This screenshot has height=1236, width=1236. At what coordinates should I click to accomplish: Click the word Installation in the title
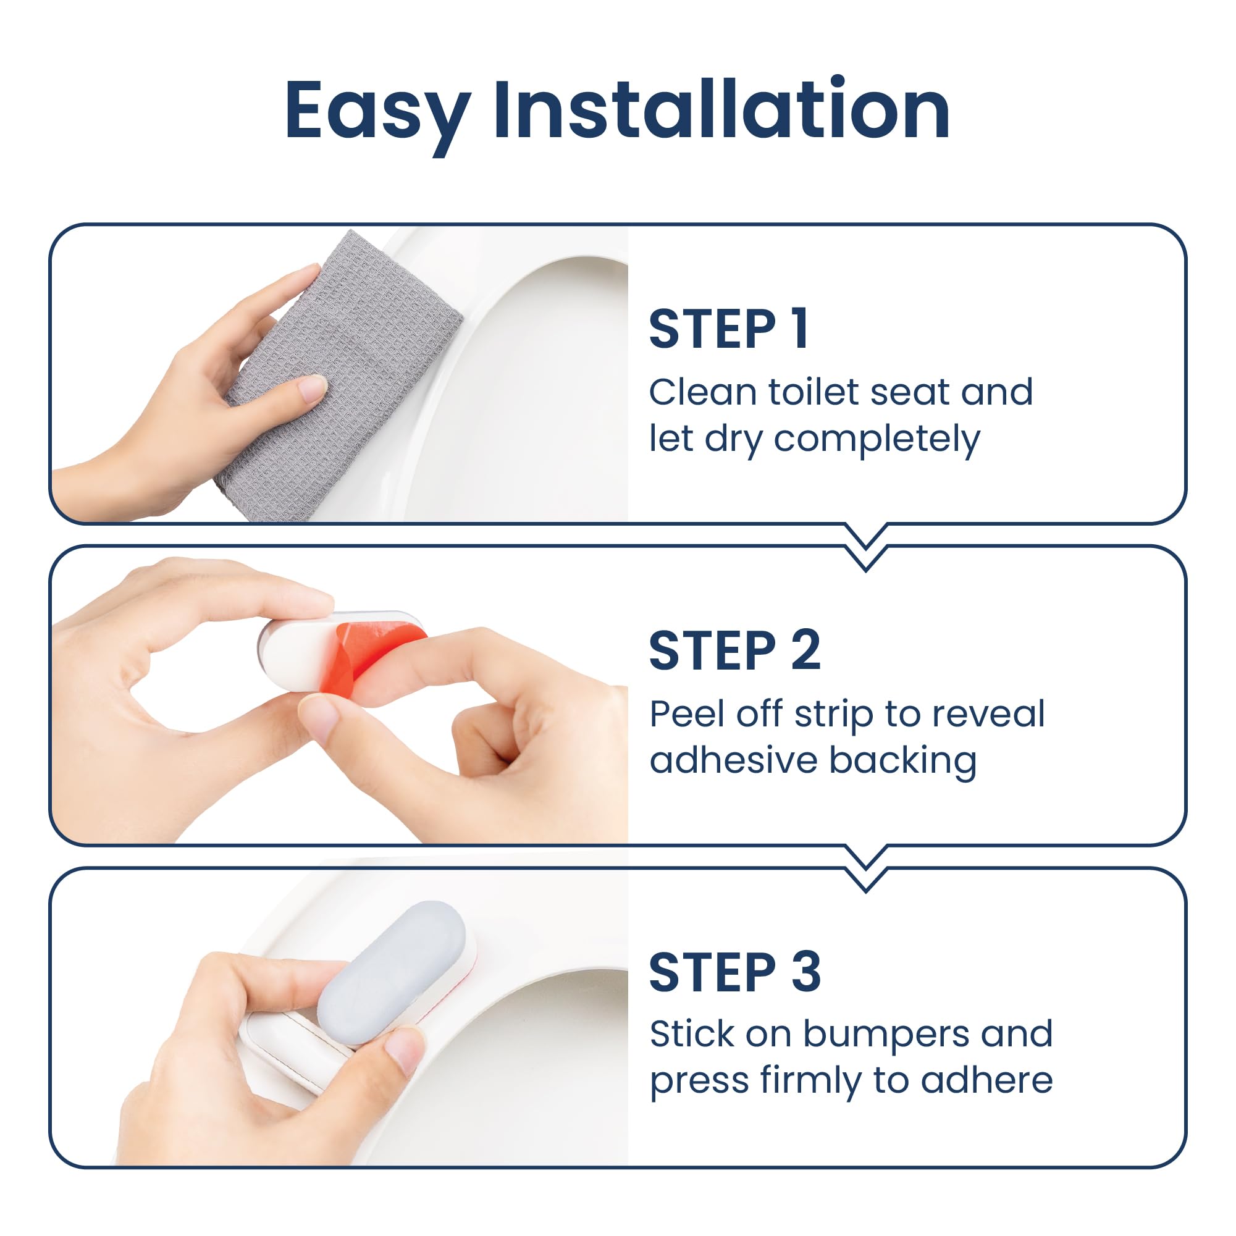coord(721,109)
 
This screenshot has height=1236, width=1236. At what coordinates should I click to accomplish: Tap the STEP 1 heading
coord(729,329)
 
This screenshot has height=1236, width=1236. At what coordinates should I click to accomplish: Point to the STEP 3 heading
coord(734,972)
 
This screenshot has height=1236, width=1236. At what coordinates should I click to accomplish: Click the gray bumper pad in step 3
coord(392,965)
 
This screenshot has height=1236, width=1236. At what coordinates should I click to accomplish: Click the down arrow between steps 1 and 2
coord(866,548)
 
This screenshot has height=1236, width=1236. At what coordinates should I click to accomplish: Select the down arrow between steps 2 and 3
coord(866,868)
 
